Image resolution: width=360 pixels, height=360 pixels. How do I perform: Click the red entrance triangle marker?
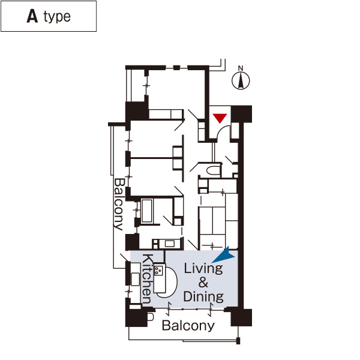pos(221,118)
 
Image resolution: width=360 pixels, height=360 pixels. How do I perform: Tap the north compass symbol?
pos(241,80)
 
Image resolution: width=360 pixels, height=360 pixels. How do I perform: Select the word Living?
pos(203,268)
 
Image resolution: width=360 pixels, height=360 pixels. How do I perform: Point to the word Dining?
pos(203,296)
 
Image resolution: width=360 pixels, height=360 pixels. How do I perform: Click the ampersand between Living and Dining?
pos(203,283)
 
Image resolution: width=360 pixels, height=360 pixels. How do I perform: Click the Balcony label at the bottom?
pos(188,326)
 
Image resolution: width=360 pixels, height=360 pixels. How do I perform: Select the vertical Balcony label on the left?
pos(118,204)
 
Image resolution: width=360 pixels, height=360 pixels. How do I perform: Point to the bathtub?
pos(146,211)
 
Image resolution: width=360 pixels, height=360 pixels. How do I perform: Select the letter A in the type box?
pos(32,16)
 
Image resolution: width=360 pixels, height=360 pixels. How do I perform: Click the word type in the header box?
pos(57,17)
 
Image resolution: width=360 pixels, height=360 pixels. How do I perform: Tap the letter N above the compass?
pos(241,68)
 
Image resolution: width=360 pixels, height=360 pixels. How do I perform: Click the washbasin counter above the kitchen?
pos(166,244)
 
